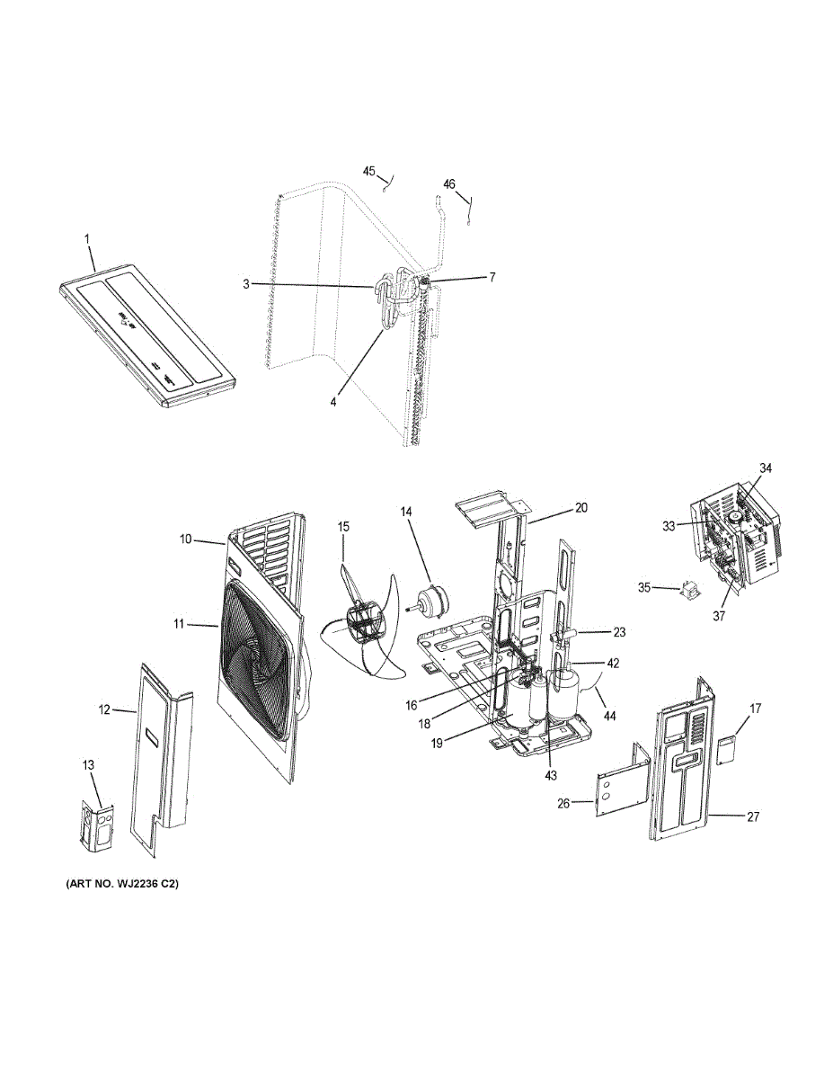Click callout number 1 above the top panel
click(87, 239)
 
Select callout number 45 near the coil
click(369, 171)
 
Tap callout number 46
click(449, 184)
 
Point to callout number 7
click(492, 278)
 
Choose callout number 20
click(581, 508)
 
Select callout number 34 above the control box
click(766, 468)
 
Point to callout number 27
click(753, 816)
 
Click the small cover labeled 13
click(96, 824)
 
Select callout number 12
click(104, 710)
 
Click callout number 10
click(185, 539)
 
